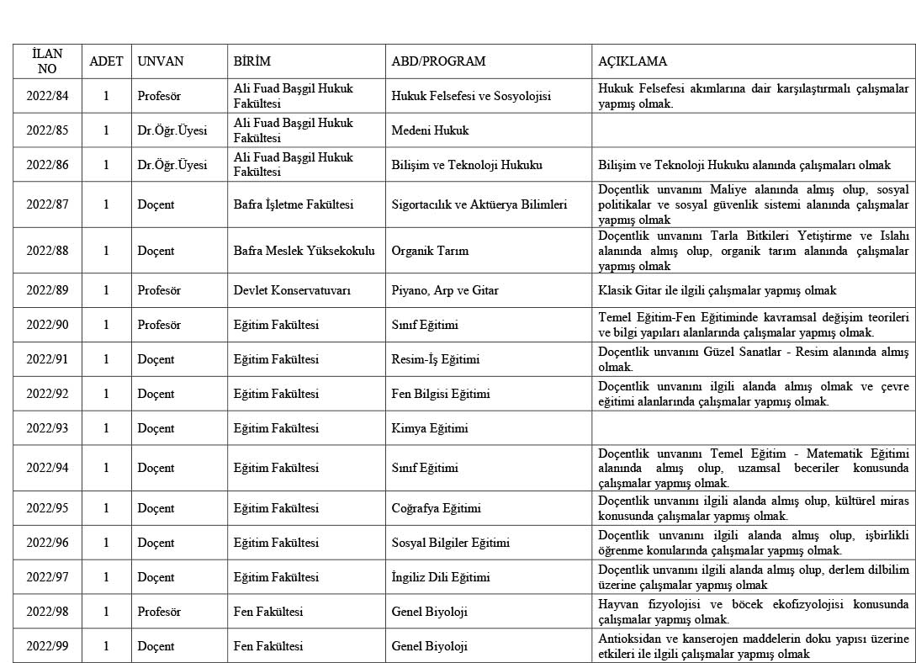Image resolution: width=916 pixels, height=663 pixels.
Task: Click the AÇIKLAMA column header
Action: click(x=632, y=61)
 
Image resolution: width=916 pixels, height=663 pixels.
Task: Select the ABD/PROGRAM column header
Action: click(x=438, y=61)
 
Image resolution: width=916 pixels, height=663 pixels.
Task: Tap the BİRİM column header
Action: click(x=252, y=61)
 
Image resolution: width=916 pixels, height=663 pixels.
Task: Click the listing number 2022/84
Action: click(x=47, y=96)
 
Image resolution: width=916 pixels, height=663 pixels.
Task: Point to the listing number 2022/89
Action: click(x=47, y=290)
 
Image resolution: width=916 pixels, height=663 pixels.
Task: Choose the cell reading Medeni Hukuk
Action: click(x=430, y=130)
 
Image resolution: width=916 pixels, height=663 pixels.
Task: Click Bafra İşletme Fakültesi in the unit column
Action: click(x=293, y=204)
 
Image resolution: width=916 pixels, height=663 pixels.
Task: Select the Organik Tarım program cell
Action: click(x=430, y=251)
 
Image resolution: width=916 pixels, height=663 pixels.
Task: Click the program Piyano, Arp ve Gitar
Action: click(x=445, y=290)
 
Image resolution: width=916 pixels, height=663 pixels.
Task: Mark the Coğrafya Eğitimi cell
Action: click(x=436, y=508)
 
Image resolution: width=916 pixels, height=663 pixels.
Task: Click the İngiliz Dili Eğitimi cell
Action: click(x=440, y=577)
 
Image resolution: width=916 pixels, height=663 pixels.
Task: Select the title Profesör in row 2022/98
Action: click(x=159, y=612)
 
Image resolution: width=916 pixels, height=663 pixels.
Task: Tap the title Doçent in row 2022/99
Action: click(x=156, y=646)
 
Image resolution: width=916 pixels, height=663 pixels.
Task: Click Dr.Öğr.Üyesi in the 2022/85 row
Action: click(x=172, y=130)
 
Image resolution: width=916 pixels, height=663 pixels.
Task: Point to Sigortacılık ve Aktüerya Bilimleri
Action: click(x=479, y=204)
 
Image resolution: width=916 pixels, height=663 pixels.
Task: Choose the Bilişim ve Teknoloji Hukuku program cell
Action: click(x=467, y=165)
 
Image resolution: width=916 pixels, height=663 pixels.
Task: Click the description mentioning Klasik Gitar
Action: click(x=717, y=290)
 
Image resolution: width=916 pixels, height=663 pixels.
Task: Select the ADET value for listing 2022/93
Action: click(x=106, y=428)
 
